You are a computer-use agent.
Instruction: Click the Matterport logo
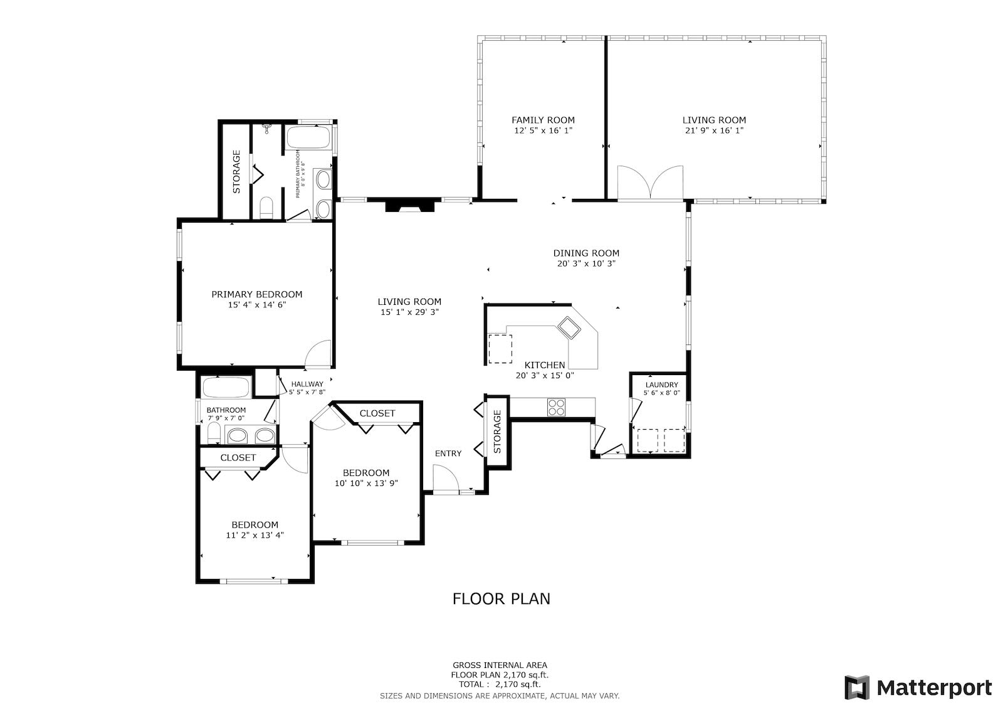click(918, 687)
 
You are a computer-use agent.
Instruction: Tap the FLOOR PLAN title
click(501, 599)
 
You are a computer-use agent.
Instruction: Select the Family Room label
click(543, 120)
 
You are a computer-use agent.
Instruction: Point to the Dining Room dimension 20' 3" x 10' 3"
click(586, 264)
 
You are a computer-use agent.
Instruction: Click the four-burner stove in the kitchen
click(556, 407)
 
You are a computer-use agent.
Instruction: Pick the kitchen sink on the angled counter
click(569, 327)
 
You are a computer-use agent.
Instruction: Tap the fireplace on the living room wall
click(410, 204)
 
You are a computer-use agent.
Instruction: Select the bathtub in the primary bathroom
click(308, 137)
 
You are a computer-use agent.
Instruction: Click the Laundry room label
click(661, 384)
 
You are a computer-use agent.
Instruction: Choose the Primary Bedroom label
click(256, 294)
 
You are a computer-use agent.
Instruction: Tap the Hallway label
click(307, 384)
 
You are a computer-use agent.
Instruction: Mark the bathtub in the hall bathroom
click(226, 388)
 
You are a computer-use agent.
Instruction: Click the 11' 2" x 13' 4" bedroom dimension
click(255, 535)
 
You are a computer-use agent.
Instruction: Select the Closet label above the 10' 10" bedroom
click(377, 413)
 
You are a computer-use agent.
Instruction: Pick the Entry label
click(448, 453)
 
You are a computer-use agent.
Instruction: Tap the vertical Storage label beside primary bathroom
click(236, 172)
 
